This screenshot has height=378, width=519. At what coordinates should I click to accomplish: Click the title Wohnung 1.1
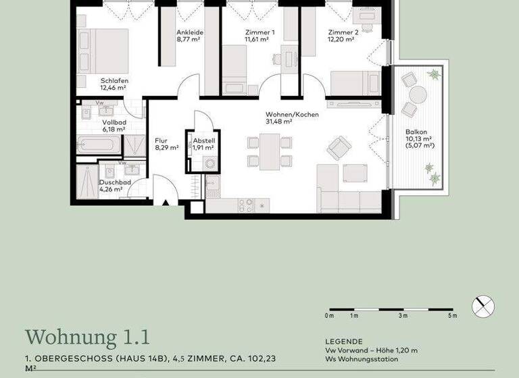tap(87, 336)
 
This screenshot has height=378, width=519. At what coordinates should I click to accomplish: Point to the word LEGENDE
tap(343, 342)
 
